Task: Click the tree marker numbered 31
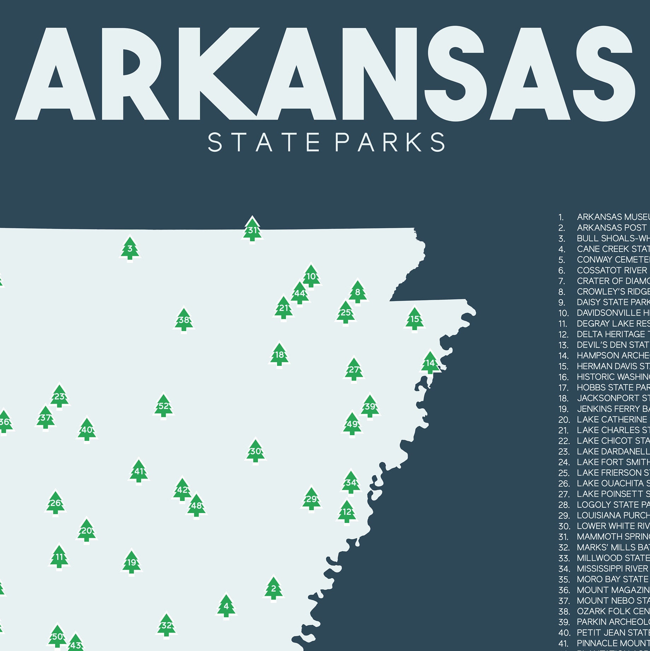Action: point(252,231)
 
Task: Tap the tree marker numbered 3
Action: point(130,249)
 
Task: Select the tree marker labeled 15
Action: point(414,319)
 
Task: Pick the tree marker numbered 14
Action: point(430,363)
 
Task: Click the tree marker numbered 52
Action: point(163,406)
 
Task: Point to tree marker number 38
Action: point(184,321)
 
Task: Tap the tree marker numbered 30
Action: point(255,451)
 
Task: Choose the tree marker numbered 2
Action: point(274,589)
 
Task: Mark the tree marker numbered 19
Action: point(131,563)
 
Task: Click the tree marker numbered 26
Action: point(55,503)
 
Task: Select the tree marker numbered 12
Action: point(347,512)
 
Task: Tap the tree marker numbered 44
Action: point(300,294)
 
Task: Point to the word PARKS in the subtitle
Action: point(390,142)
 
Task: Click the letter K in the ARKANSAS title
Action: point(216,74)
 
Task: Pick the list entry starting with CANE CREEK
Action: point(613,249)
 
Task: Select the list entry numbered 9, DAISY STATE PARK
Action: point(613,302)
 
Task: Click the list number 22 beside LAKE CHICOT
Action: point(564,441)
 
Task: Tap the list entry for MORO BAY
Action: point(613,579)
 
